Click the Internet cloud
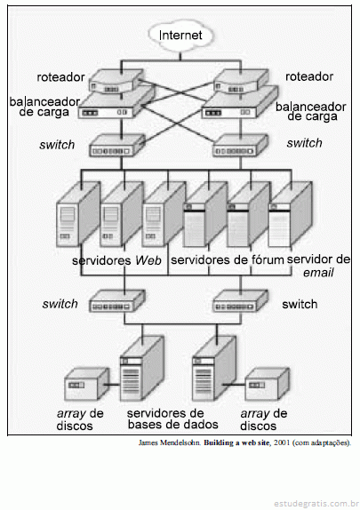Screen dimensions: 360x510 click(180, 36)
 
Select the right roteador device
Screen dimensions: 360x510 click(241, 82)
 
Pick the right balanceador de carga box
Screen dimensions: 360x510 click(240, 105)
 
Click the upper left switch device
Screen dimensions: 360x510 click(116, 146)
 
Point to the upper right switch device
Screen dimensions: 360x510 click(241, 146)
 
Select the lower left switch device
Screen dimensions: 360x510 click(116, 301)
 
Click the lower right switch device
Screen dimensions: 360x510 click(241, 301)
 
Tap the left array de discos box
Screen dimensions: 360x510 click(86, 384)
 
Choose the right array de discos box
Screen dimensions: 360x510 click(267, 384)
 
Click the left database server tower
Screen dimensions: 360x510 click(141, 369)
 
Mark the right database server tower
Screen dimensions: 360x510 click(214, 369)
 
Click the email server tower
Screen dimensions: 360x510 click(290, 215)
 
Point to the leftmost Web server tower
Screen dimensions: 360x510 click(78, 214)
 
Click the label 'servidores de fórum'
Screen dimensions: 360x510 click(228, 260)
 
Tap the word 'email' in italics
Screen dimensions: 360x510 click(318, 273)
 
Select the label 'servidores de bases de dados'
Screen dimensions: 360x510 click(172, 419)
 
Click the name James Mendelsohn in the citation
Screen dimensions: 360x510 click(169, 443)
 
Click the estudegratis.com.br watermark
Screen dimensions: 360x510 click(316, 504)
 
